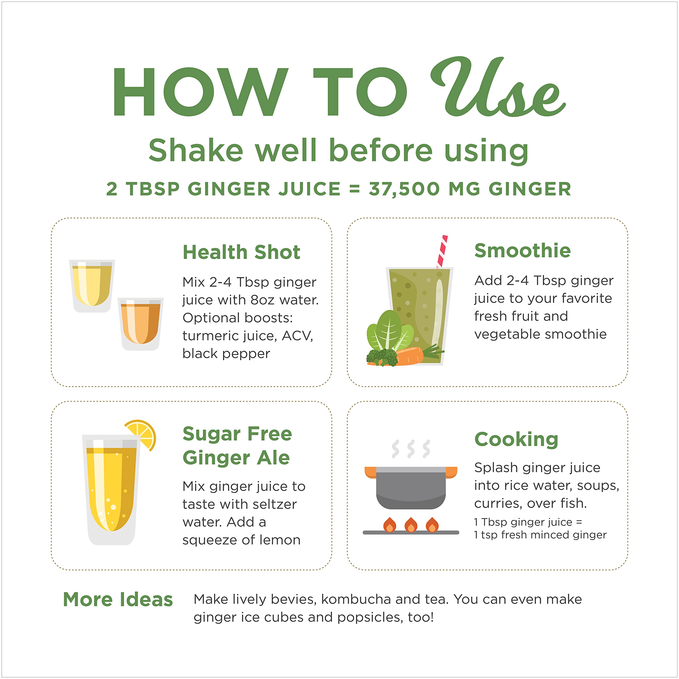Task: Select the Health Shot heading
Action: (x=241, y=252)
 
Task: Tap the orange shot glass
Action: (x=141, y=324)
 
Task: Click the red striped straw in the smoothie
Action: (x=442, y=252)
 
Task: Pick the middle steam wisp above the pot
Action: (x=411, y=449)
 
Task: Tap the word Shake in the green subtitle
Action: (x=196, y=150)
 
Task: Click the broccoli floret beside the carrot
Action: (x=382, y=357)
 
